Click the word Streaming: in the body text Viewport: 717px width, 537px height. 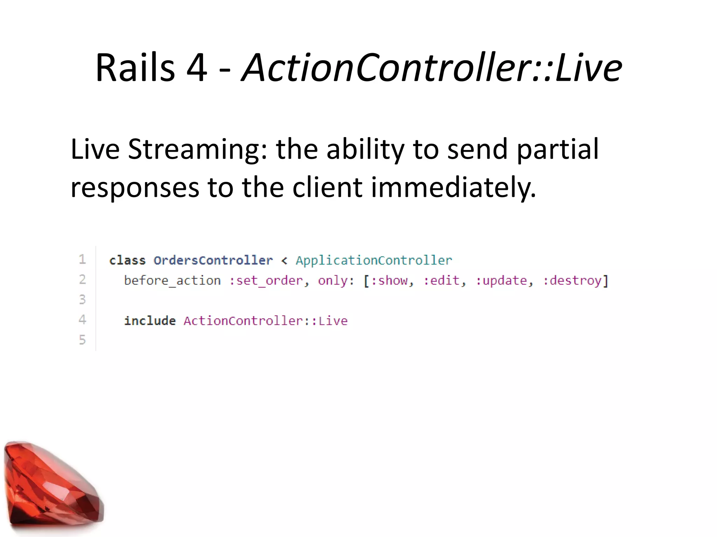coord(197,150)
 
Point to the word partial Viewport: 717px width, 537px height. coord(557,150)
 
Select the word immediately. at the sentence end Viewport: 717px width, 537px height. coord(453,187)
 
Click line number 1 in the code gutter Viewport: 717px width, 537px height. coord(82,259)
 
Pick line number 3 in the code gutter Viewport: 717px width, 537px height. coord(82,300)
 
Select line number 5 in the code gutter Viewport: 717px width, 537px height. coord(82,340)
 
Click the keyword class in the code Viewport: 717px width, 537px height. coord(127,260)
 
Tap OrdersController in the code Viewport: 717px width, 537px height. coord(213,260)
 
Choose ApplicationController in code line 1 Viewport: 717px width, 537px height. coord(374,260)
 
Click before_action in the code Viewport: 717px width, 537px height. coord(172,281)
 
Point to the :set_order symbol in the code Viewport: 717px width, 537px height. coord(266,281)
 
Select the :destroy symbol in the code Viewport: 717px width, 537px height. coord(572,281)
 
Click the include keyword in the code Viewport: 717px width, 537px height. coord(150,321)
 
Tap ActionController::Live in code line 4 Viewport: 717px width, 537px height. coord(265,321)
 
